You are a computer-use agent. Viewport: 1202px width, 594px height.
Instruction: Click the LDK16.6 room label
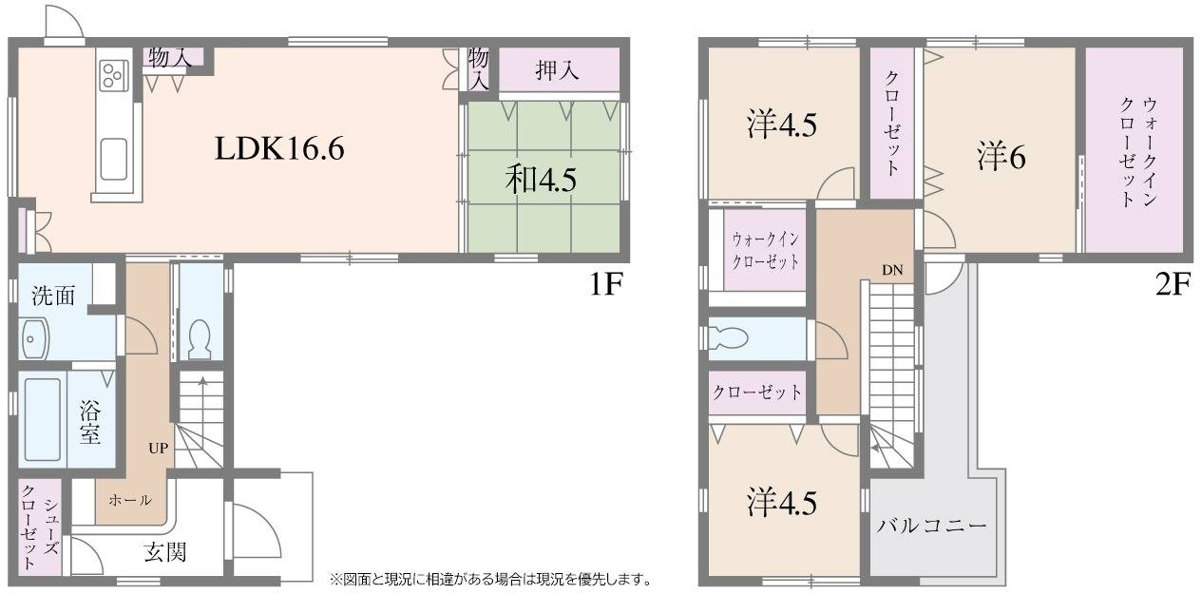[279, 148]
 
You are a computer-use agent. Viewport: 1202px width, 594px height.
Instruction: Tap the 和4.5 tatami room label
[541, 180]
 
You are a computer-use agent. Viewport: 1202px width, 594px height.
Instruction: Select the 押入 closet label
[558, 69]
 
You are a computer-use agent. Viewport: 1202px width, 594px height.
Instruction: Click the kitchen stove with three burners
[115, 74]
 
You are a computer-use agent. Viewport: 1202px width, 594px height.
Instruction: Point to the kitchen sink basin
[114, 160]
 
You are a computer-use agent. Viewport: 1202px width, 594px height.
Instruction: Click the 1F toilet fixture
[200, 339]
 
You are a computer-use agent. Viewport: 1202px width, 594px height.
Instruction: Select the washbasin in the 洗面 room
[34, 339]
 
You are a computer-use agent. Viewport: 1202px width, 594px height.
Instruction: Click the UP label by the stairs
[159, 448]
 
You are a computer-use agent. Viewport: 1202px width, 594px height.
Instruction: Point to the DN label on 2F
[892, 270]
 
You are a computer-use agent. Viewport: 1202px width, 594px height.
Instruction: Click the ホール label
[130, 500]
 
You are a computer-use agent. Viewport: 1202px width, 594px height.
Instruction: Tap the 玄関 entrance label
[165, 552]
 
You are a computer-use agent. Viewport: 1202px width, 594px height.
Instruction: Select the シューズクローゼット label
[40, 527]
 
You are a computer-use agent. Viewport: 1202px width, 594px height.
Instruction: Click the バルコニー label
[931, 525]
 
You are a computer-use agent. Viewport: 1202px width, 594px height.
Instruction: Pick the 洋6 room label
[1002, 157]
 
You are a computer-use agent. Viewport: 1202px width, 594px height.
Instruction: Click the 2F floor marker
[1173, 284]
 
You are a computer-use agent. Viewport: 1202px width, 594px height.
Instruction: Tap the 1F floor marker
[606, 284]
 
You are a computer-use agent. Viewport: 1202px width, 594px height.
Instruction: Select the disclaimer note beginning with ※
[490, 580]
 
